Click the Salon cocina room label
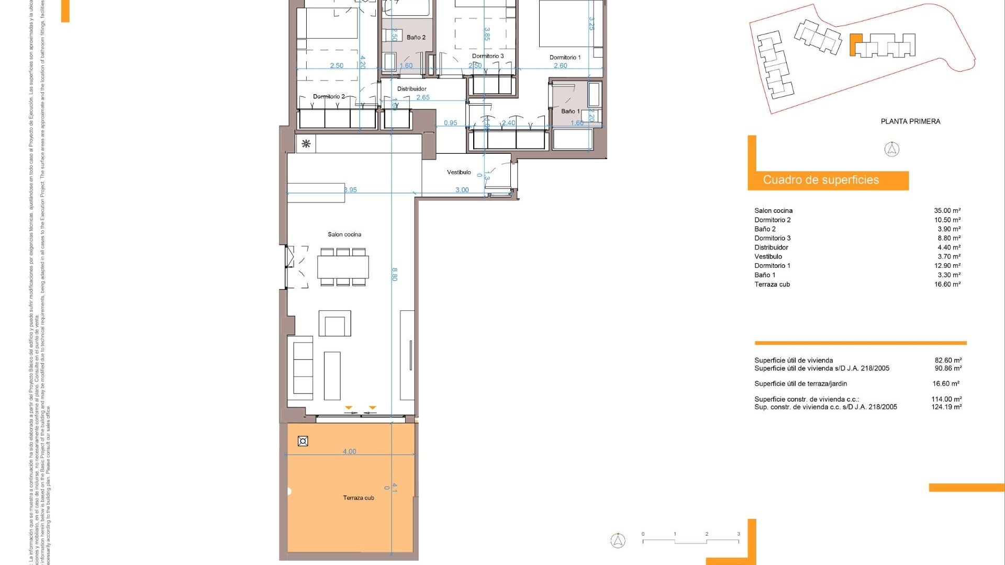click(x=344, y=234)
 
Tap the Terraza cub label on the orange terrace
click(x=359, y=498)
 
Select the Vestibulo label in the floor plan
click(x=459, y=172)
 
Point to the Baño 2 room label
click(x=416, y=38)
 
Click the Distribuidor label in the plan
click(x=411, y=89)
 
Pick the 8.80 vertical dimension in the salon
click(x=395, y=274)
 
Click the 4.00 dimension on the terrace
click(x=349, y=451)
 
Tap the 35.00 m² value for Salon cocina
click(x=947, y=211)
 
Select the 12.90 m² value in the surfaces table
click(x=947, y=266)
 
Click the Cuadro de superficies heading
click(x=821, y=180)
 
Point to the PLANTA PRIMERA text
click(x=910, y=121)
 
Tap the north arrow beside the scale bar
click(x=618, y=540)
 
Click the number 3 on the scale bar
click(x=739, y=534)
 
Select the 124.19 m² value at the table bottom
click(x=946, y=407)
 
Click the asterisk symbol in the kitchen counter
click(x=306, y=143)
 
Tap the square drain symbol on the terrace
click(x=303, y=441)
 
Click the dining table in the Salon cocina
click(x=343, y=267)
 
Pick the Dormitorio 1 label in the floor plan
click(x=565, y=58)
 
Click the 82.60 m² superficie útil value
click(x=948, y=360)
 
